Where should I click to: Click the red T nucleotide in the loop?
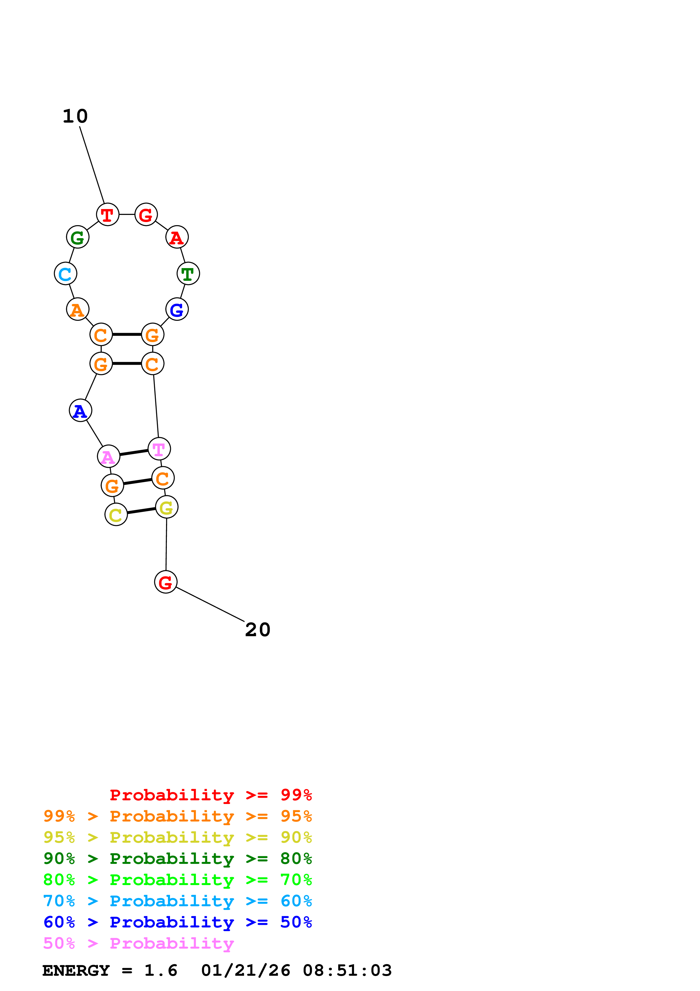click(x=107, y=214)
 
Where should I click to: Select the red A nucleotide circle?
click(x=177, y=237)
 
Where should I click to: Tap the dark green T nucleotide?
click(x=188, y=274)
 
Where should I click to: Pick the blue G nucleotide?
click(x=177, y=309)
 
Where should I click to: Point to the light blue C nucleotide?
click(x=66, y=274)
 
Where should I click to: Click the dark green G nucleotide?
click(x=78, y=237)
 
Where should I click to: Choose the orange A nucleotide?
click(x=78, y=309)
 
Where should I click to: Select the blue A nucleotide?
click(x=81, y=410)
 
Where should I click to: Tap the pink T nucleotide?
click(x=159, y=449)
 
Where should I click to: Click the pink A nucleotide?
click(x=109, y=457)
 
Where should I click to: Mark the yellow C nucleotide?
click(x=116, y=514)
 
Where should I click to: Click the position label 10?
click(x=75, y=116)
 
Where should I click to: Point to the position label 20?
click(x=258, y=630)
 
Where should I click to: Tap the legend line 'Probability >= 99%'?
click(x=210, y=795)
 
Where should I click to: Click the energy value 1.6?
click(x=160, y=971)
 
